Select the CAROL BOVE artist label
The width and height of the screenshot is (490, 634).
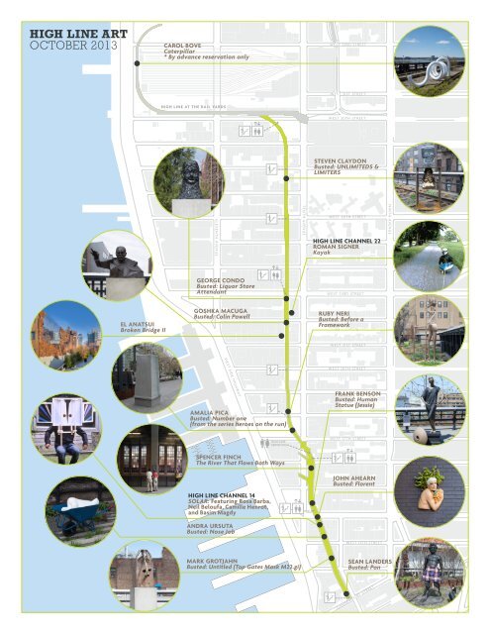pos(188,46)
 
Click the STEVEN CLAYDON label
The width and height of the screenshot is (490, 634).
pos(341,158)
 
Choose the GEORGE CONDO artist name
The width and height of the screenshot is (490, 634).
pos(223,280)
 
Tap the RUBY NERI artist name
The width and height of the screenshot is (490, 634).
pos(338,312)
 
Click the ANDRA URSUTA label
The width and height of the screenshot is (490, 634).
pos(214,525)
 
